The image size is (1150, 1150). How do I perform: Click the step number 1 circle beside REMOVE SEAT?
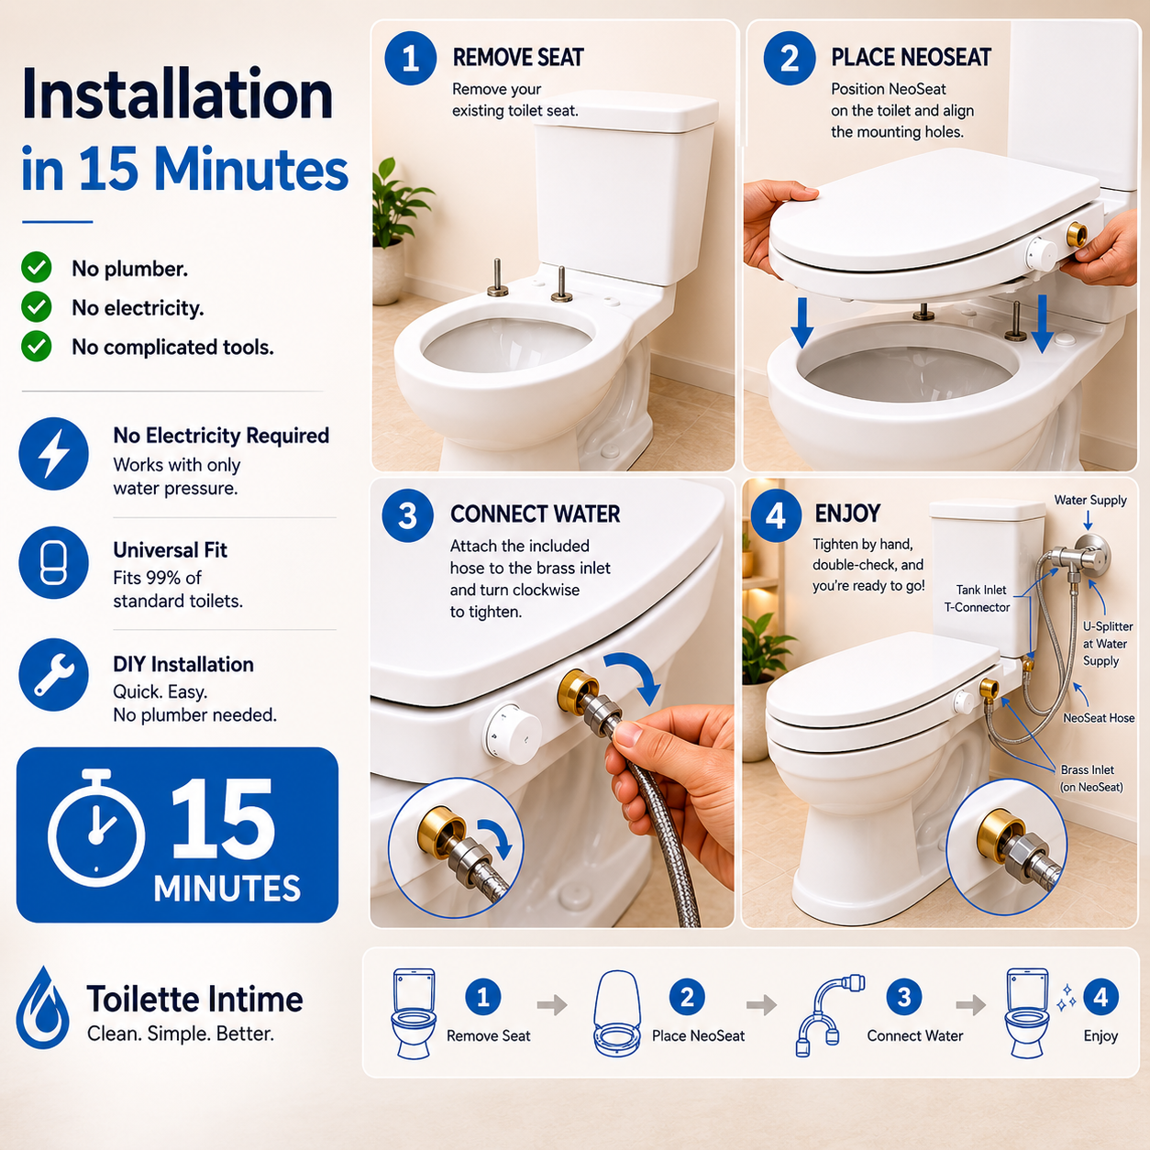[x=410, y=59]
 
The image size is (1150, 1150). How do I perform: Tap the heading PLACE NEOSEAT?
[x=911, y=58]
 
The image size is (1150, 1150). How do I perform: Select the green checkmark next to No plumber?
[x=37, y=268]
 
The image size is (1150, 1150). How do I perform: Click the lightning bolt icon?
[x=54, y=454]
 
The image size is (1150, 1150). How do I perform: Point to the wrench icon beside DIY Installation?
[x=54, y=675]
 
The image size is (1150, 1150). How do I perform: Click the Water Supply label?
[x=1089, y=500]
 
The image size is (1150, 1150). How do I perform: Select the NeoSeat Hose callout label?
[x=1099, y=718]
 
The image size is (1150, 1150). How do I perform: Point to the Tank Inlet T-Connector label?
[x=977, y=599]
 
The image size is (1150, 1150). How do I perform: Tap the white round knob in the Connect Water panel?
[x=512, y=734]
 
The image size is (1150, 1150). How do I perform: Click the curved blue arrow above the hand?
[x=636, y=673]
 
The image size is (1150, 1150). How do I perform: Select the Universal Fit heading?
[x=170, y=549]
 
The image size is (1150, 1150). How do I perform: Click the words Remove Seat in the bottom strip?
[x=488, y=1036]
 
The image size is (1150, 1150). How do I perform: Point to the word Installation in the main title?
[x=177, y=94]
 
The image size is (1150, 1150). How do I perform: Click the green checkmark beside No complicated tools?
[x=37, y=346]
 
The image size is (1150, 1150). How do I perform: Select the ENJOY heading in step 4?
[x=847, y=514]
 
